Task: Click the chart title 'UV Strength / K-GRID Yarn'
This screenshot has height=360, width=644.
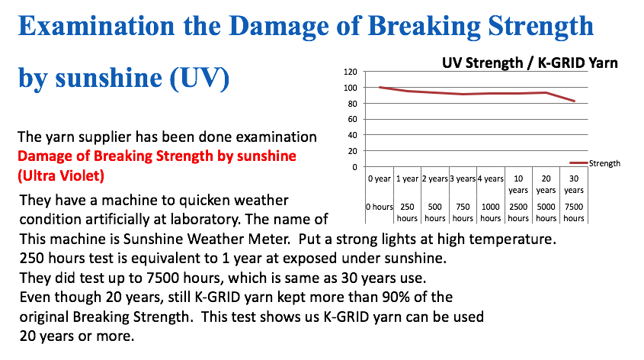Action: (530, 63)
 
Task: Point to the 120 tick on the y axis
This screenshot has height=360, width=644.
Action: (351, 72)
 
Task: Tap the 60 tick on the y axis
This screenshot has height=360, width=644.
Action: (352, 119)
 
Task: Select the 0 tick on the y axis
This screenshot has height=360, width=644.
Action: (355, 167)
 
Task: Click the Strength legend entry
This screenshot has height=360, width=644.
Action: (594, 163)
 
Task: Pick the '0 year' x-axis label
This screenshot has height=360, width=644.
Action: (380, 178)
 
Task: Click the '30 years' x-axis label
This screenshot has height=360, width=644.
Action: (574, 184)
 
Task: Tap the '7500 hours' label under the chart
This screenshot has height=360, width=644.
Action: (574, 213)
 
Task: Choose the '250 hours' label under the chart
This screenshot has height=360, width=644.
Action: (407, 213)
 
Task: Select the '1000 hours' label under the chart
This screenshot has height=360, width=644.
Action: (490, 213)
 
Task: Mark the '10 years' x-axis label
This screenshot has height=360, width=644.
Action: (518, 184)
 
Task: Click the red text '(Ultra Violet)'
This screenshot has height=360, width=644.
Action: (61, 176)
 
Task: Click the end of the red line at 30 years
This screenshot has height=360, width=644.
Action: (574, 101)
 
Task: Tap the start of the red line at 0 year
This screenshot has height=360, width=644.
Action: (380, 87)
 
